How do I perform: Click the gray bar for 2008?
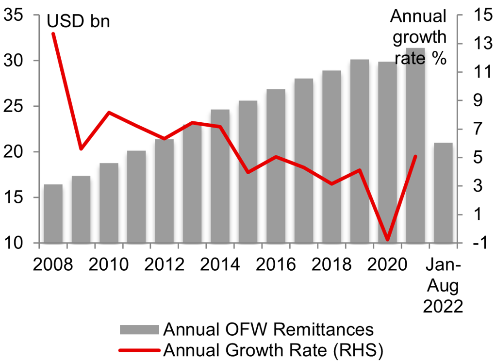[x=53, y=213]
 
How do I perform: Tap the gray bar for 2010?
[x=109, y=203]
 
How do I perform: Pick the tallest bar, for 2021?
[x=415, y=145]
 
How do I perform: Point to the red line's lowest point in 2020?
[x=387, y=239]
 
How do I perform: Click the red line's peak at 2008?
[x=53, y=33]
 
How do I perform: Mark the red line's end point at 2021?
[x=415, y=156]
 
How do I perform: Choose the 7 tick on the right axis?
[x=476, y=129]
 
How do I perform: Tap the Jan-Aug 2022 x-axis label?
[x=443, y=286]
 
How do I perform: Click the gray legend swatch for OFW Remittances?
[x=139, y=330]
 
